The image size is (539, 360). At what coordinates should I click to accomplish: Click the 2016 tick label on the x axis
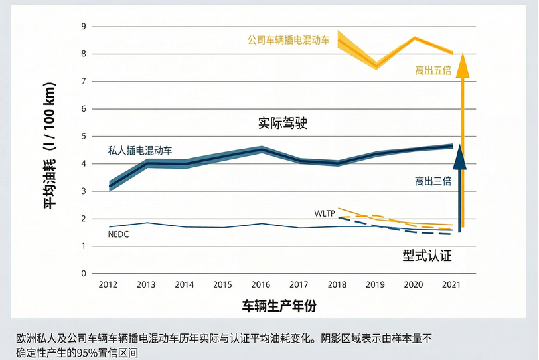coord(260,285)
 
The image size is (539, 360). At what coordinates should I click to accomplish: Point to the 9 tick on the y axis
coord(84,27)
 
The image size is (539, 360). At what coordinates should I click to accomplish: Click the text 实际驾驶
coord(283,124)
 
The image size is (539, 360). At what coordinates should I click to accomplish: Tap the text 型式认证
coord(427,254)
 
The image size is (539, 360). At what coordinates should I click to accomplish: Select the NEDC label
coord(117,235)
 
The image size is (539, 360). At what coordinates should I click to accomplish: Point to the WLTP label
coord(325,213)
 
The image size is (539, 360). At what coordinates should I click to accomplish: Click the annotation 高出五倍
coord(433,70)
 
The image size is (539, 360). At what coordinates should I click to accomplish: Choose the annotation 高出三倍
coord(433,181)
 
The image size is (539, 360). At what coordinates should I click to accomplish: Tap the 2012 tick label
coord(108,285)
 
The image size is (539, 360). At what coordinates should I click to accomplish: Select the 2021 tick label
coord(451,285)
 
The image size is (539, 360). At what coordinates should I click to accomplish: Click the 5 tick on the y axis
coord(84,137)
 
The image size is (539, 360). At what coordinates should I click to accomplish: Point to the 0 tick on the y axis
coord(84,274)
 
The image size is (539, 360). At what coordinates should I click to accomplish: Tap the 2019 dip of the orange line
coord(376,66)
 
